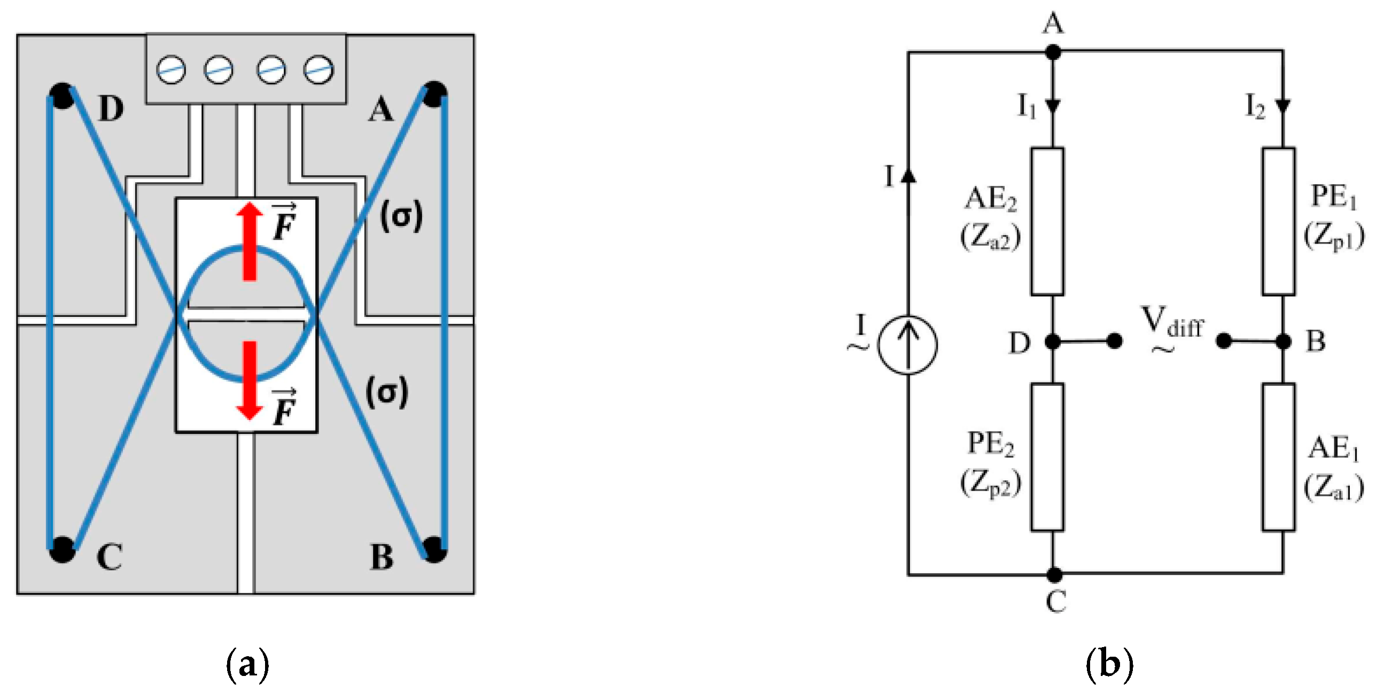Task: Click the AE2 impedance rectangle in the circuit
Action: (x=1047, y=222)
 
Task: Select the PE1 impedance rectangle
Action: (x=1278, y=222)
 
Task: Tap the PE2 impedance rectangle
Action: (x=1047, y=457)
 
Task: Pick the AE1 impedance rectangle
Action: (x=1278, y=457)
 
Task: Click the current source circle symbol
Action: (x=907, y=345)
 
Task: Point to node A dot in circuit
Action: (x=1053, y=52)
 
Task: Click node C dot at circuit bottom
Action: (x=1054, y=575)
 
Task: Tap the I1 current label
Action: (x=1026, y=107)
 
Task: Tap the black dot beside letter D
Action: (x=62, y=96)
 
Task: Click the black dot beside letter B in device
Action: (x=434, y=549)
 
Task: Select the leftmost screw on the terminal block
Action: (x=171, y=70)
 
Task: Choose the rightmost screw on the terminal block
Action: (x=318, y=70)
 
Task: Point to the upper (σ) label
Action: (x=401, y=216)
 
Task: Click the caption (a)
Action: (x=248, y=665)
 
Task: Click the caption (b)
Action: (x=1109, y=665)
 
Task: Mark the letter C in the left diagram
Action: (x=109, y=557)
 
